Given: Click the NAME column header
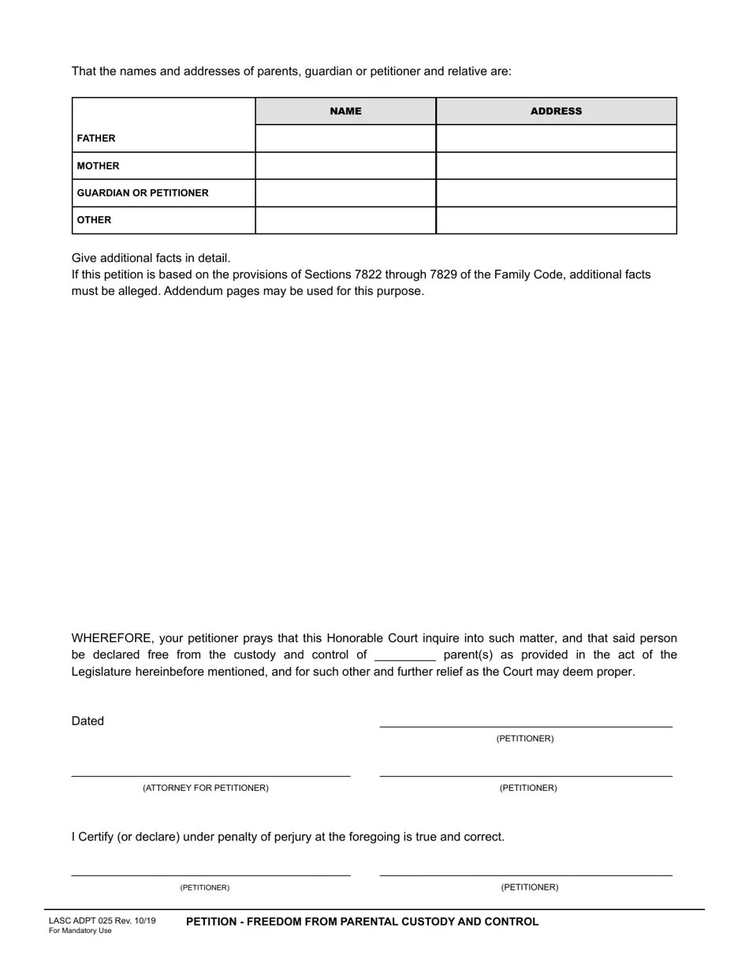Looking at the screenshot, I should (345, 111).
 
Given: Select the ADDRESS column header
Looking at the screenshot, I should (556, 111).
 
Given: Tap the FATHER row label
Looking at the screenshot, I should (96, 139).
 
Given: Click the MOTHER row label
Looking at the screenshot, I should (99, 166).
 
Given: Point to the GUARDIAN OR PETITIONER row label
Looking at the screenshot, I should (143, 193).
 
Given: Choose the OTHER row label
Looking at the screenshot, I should (94, 220).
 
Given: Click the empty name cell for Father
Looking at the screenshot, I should (345, 138).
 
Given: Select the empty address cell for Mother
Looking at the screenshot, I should (556, 166).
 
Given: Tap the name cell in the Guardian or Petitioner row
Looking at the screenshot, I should (345, 192).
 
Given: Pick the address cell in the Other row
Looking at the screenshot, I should (556, 220).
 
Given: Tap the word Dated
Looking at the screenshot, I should (88, 721).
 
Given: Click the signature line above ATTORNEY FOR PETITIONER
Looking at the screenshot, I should (211, 776).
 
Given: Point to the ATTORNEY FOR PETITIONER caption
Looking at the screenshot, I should (205, 789).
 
